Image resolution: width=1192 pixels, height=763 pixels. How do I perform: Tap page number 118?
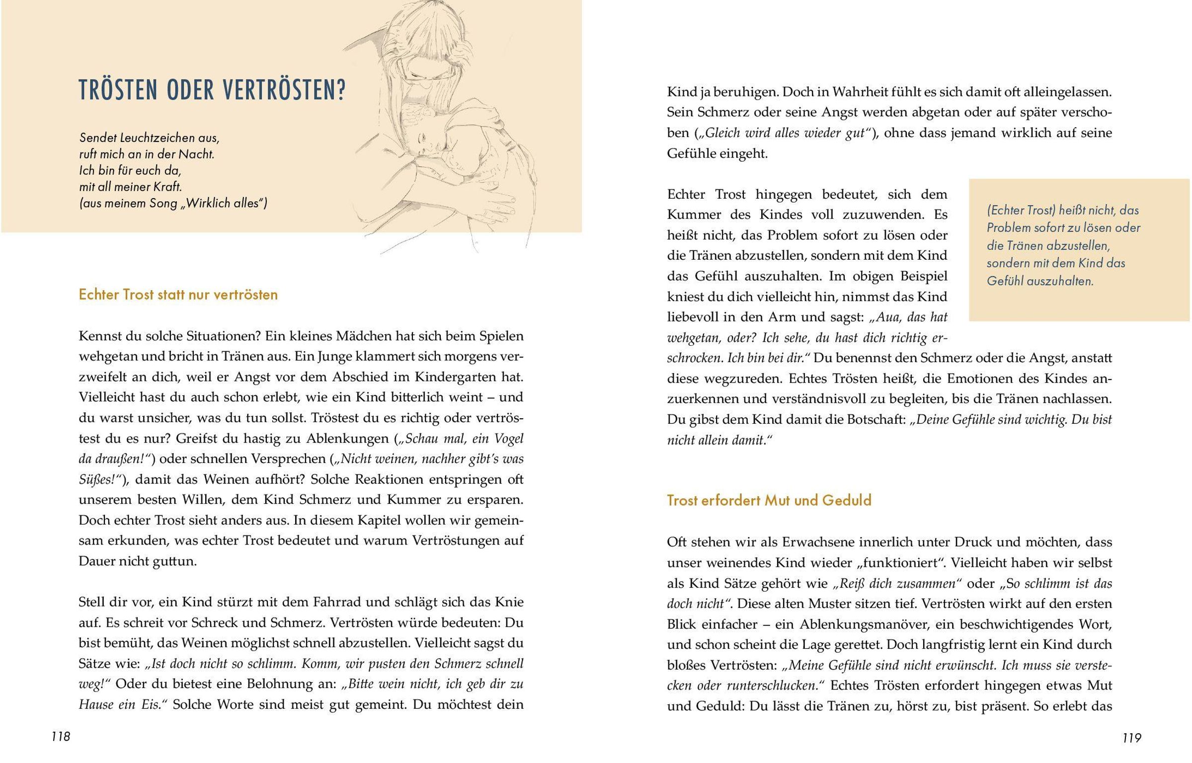coord(61,737)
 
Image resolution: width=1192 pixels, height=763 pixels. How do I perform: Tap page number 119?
coord(1131,738)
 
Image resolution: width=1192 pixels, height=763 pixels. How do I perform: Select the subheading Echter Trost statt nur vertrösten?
coord(178,295)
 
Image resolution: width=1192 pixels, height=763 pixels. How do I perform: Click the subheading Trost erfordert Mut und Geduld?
coord(769,500)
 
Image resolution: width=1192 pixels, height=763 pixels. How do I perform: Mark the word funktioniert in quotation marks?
coord(899,563)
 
